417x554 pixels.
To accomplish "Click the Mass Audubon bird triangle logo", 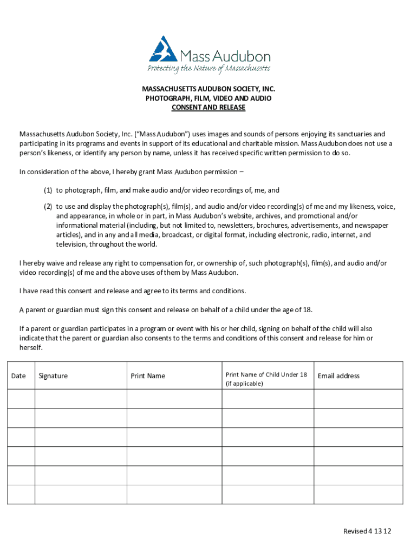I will point(164,49).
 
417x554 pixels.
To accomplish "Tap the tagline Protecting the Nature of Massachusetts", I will point(208,68).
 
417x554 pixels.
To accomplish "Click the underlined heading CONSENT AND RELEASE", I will point(208,108).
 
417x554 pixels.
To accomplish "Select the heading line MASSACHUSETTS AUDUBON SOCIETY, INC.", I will point(208,89).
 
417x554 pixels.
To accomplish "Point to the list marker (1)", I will point(48,190).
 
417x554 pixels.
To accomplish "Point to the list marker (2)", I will point(48,206).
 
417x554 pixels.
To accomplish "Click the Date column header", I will point(18,376).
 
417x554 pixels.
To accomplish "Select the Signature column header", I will point(53,376).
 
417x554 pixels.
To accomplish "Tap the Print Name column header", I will point(148,376).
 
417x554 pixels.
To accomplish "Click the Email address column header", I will point(338,376).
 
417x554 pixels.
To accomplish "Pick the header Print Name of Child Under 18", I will point(266,374).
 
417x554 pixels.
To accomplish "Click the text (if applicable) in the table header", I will point(244,384).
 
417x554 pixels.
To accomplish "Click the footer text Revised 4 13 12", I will point(367,531).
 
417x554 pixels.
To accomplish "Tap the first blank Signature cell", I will point(81,399).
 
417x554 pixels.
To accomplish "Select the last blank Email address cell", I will point(358,494).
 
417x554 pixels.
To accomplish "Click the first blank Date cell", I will point(21,399).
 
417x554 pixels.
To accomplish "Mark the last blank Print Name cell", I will point(174,494).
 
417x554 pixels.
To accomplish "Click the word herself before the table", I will point(31,348).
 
